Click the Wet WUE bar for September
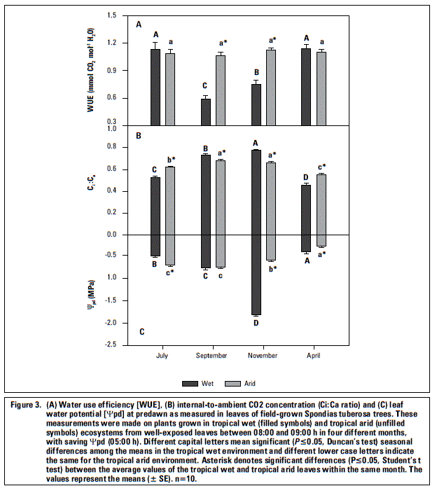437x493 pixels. (x=206, y=112)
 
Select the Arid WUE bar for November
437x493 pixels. (x=271, y=88)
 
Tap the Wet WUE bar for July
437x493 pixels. (x=155, y=88)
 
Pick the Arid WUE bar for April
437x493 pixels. (x=321, y=89)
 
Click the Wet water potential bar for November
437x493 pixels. (x=256, y=275)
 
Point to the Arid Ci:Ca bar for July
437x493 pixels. (x=170, y=200)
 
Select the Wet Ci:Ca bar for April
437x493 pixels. (x=306, y=209)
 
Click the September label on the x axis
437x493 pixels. (x=211, y=356)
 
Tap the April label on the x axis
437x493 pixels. (x=314, y=356)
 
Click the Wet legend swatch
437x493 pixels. (x=190, y=384)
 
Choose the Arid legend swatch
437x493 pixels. (x=233, y=384)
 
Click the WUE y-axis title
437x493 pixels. (x=90, y=70)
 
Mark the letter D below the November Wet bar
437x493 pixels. (x=256, y=323)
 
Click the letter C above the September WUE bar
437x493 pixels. (x=204, y=85)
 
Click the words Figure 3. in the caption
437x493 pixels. (x=26, y=405)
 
